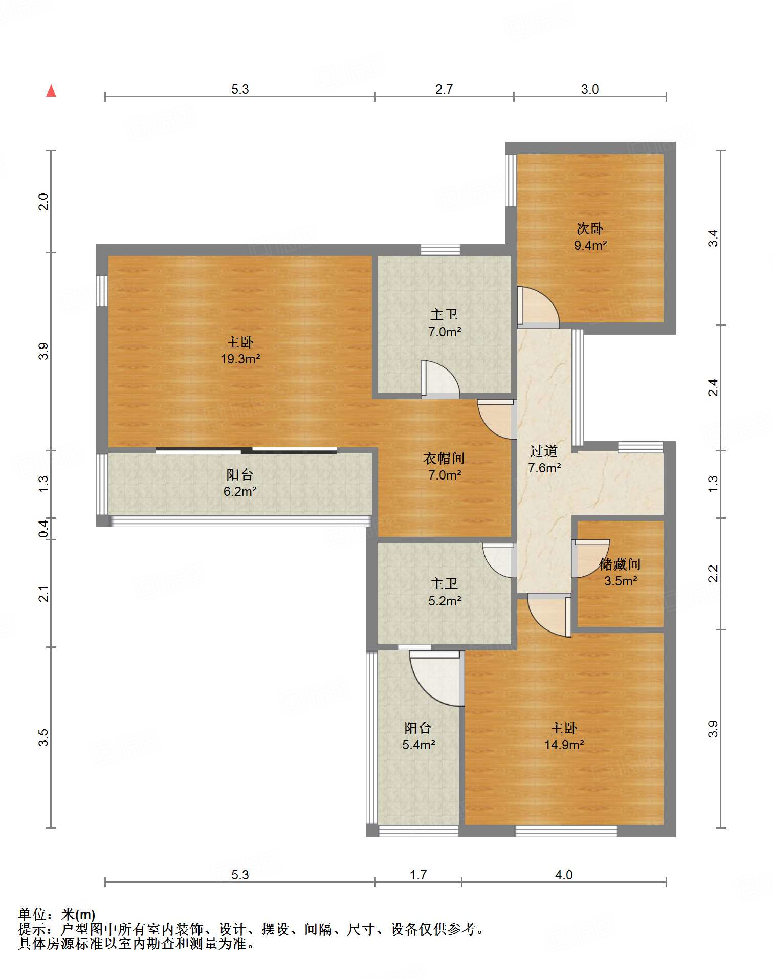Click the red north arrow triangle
[x=51, y=91]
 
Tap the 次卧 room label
[x=590, y=228]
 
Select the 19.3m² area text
[x=240, y=359]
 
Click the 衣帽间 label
[x=444, y=458]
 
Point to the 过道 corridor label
[x=544, y=451]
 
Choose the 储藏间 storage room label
[x=620, y=564]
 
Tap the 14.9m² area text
[x=564, y=745]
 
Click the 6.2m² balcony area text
[x=240, y=491]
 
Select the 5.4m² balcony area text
[x=418, y=745]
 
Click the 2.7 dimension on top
[x=444, y=89]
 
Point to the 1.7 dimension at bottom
[x=418, y=875]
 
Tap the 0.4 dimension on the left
[x=43, y=529]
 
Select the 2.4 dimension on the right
[x=713, y=387]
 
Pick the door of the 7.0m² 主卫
[x=440, y=379]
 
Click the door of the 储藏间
[x=590, y=558]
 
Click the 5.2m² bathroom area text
[x=445, y=601]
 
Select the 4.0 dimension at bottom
[x=564, y=875]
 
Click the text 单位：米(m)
[x=57, y=914]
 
